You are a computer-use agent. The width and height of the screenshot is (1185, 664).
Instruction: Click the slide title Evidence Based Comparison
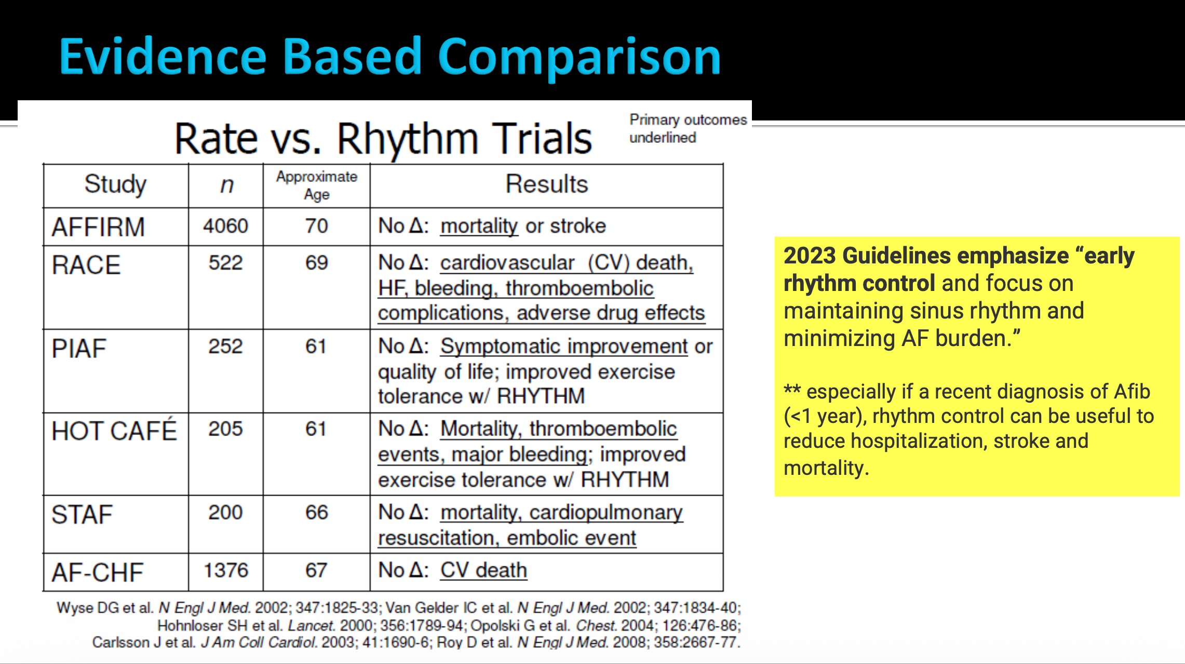(390, 57)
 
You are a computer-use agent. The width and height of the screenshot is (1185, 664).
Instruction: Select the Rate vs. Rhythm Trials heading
(383, 139)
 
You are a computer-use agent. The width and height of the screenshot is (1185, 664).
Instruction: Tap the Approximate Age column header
(317, 185)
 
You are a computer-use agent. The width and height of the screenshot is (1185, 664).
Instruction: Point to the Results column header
(547, 184)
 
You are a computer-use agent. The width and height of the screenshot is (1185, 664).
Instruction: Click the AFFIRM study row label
(98, 227)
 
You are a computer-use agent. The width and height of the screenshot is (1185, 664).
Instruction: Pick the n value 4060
(226, 226)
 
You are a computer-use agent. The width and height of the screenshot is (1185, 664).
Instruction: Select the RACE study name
(86, 265)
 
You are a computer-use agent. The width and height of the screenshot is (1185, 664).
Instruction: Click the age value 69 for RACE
(317, 263)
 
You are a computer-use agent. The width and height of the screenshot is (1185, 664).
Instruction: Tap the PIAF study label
(79, 348)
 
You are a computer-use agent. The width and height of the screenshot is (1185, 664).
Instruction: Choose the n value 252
(226, 347)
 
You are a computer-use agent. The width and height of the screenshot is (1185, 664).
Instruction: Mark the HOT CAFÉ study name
(114, 430)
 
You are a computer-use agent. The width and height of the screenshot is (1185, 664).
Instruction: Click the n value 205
(226, 429)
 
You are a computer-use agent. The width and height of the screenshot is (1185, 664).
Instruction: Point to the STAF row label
(82, 514)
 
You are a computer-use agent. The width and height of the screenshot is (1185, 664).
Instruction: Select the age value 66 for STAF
(317, 512)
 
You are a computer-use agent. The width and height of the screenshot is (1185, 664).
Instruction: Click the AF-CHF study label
(97, 573)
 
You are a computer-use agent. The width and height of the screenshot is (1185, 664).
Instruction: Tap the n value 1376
(226, 570)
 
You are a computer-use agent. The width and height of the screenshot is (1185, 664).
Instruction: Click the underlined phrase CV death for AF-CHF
(483, 570)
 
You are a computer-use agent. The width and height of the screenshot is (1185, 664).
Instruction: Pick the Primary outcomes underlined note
(688, 128)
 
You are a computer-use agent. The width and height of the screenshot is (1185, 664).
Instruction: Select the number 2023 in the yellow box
(810, 256)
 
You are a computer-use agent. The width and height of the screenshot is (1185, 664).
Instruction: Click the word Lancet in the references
(311, 625)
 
